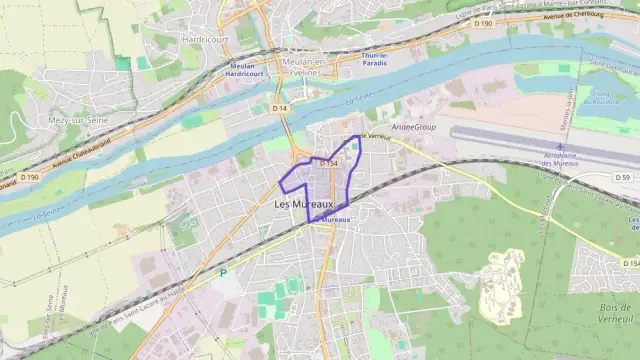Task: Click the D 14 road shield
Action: (282, 108)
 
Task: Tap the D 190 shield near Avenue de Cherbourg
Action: (483, 22)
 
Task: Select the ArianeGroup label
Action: (413, 127)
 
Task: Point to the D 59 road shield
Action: (621, 177)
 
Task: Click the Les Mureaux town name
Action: (303, 203)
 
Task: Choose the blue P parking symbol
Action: (223, 271)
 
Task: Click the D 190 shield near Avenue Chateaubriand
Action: (32, 177)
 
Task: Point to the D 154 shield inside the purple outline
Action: (328, 163)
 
